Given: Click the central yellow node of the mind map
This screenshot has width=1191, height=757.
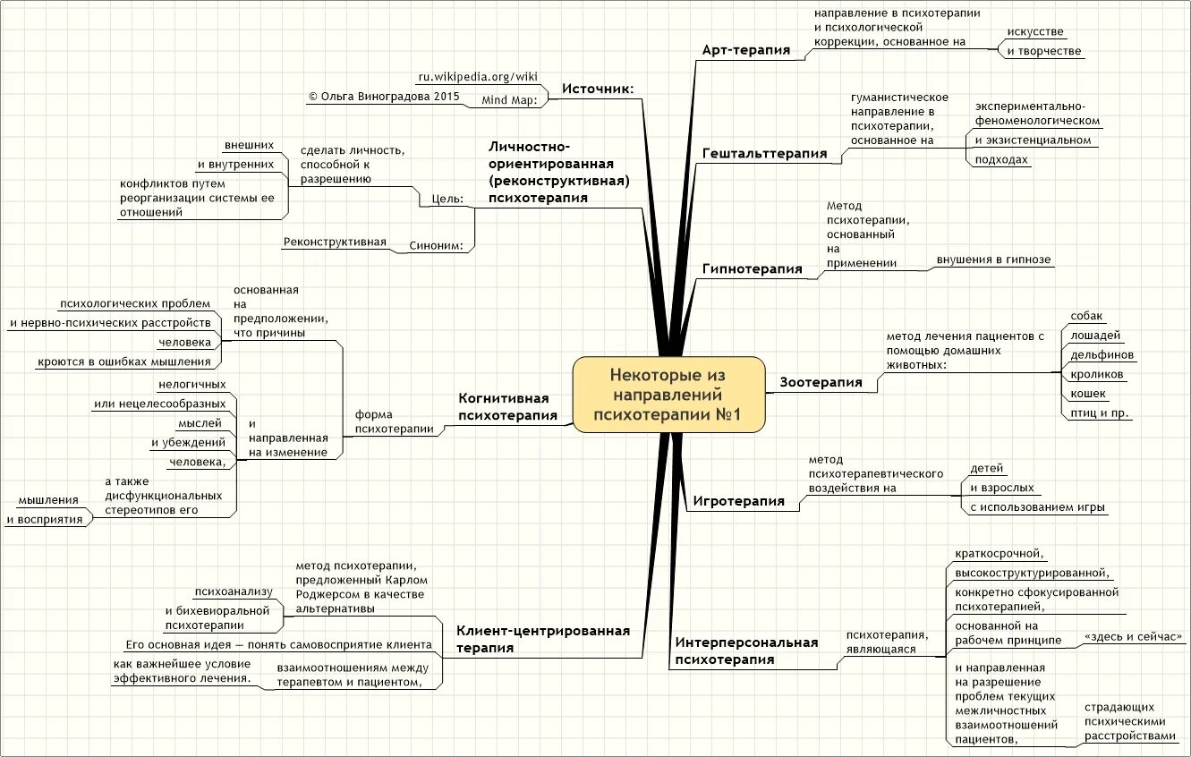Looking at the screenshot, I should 668,395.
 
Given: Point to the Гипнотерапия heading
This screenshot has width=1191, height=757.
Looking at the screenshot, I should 752,268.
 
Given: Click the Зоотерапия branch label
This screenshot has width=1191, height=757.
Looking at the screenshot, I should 821,382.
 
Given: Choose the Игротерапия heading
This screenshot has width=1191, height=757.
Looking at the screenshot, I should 738,501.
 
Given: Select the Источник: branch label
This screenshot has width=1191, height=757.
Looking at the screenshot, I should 598,88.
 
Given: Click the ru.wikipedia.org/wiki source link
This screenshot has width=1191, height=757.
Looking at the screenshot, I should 478,76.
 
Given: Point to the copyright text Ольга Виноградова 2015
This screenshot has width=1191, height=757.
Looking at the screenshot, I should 383,95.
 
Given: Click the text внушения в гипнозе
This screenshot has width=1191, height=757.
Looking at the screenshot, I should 993,259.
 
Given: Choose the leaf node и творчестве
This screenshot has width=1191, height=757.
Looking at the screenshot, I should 1043,51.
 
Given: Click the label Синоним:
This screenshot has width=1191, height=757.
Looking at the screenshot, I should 436,246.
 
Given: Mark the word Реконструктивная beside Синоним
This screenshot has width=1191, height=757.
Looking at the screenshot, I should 335,242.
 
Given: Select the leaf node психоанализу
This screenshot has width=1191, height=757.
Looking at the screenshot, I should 233,591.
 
